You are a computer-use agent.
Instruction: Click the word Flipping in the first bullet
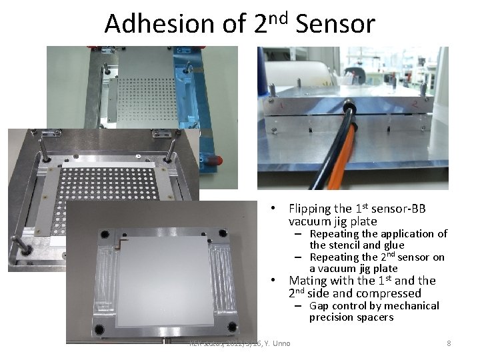click(x=311, y=209)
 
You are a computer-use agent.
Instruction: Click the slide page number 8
click(x=449, y=343)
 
